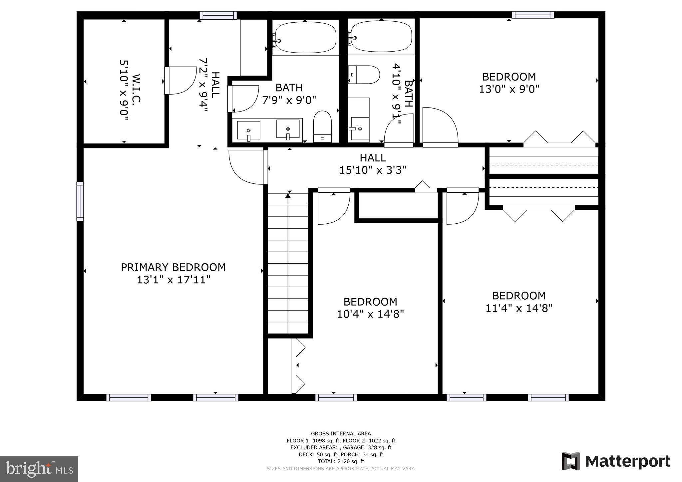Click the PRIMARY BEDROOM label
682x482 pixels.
tap(173, 267)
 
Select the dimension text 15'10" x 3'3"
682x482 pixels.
tap(373, 170)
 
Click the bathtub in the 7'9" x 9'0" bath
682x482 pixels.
tap(305, 37)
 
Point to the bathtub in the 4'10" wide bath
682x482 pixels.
tap(381, 36)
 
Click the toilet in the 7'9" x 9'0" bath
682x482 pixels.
tap(322, 126)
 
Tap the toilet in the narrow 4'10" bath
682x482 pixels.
tap(365, 75)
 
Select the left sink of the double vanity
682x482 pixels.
tap(248, 130)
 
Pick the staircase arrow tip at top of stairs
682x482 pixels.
tap(288, 196)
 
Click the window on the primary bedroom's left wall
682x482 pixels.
tap(80, 201)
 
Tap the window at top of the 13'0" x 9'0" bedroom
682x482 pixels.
tap(532, 15)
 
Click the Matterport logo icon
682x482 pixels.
tap(571, 461)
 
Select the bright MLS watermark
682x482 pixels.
tap(39, 469)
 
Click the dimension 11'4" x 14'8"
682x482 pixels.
tap(519, 308)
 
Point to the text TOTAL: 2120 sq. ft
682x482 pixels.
tap(341, 461)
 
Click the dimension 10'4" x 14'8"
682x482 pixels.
tap(370, 314)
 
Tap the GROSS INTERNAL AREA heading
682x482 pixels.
tap(341, 433)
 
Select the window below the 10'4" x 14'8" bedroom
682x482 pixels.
tap(336, 397)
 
